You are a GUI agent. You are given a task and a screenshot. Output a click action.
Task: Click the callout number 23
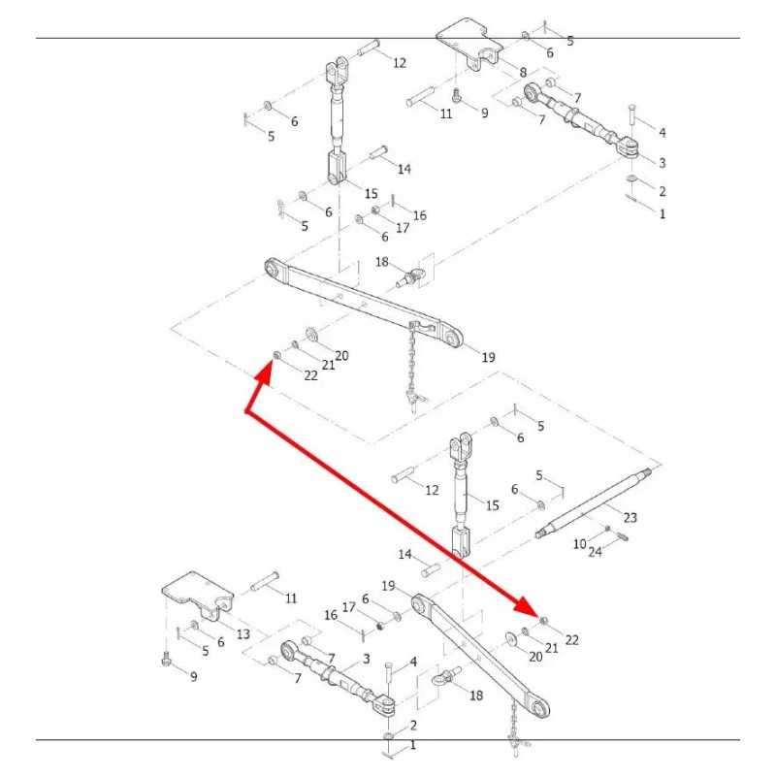[630, 517]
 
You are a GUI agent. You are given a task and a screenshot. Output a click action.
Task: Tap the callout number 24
[595, 552]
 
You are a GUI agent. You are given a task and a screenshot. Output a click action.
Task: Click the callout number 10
[579, 544]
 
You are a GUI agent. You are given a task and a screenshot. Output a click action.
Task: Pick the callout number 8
[523, 73]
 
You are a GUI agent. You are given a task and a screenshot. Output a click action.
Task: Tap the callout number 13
[242, 633]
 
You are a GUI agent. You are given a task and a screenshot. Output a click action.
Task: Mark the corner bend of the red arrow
[246, 413]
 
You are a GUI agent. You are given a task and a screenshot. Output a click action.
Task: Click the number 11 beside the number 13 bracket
[291, 598]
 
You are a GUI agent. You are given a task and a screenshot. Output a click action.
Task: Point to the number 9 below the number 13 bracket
[193, 676]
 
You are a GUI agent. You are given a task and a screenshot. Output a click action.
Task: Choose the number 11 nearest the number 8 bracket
[445, 113]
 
